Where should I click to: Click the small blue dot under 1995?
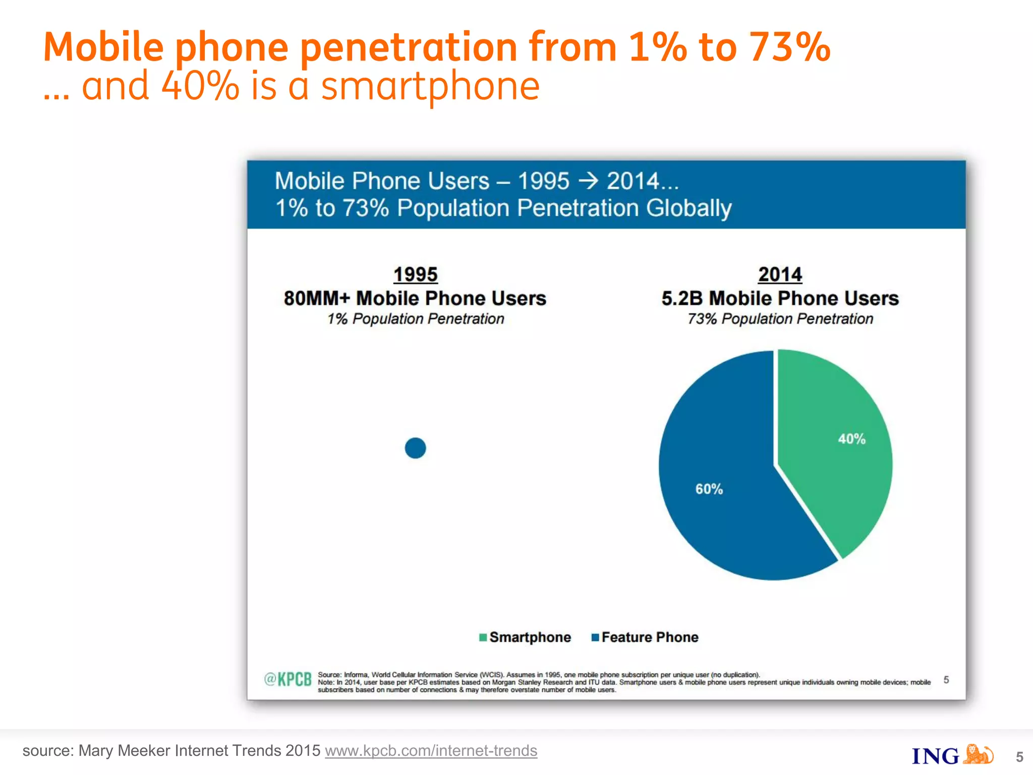tap(415, 448)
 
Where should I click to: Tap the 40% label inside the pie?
tap(851, 439)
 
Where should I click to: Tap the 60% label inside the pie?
tap(709, 489)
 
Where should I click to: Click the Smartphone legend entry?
tap(525, 637)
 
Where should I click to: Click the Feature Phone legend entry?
tap(645, 637)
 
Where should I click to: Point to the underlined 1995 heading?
tap(415, 274)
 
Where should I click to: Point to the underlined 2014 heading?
tap(780, 274)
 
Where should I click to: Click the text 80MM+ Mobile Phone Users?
tap(415, 298)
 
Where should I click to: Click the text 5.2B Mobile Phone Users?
tap(780, 298)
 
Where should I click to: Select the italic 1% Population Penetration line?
tap(415, 319)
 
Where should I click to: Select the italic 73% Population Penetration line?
tap(780, 319)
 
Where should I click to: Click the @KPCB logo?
tap(288, 680)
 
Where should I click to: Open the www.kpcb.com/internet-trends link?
tap(431, 751)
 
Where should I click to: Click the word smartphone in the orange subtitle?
tap(430, 86)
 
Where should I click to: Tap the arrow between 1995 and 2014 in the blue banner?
tap(588, 181)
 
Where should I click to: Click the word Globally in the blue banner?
tap(688, 208)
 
